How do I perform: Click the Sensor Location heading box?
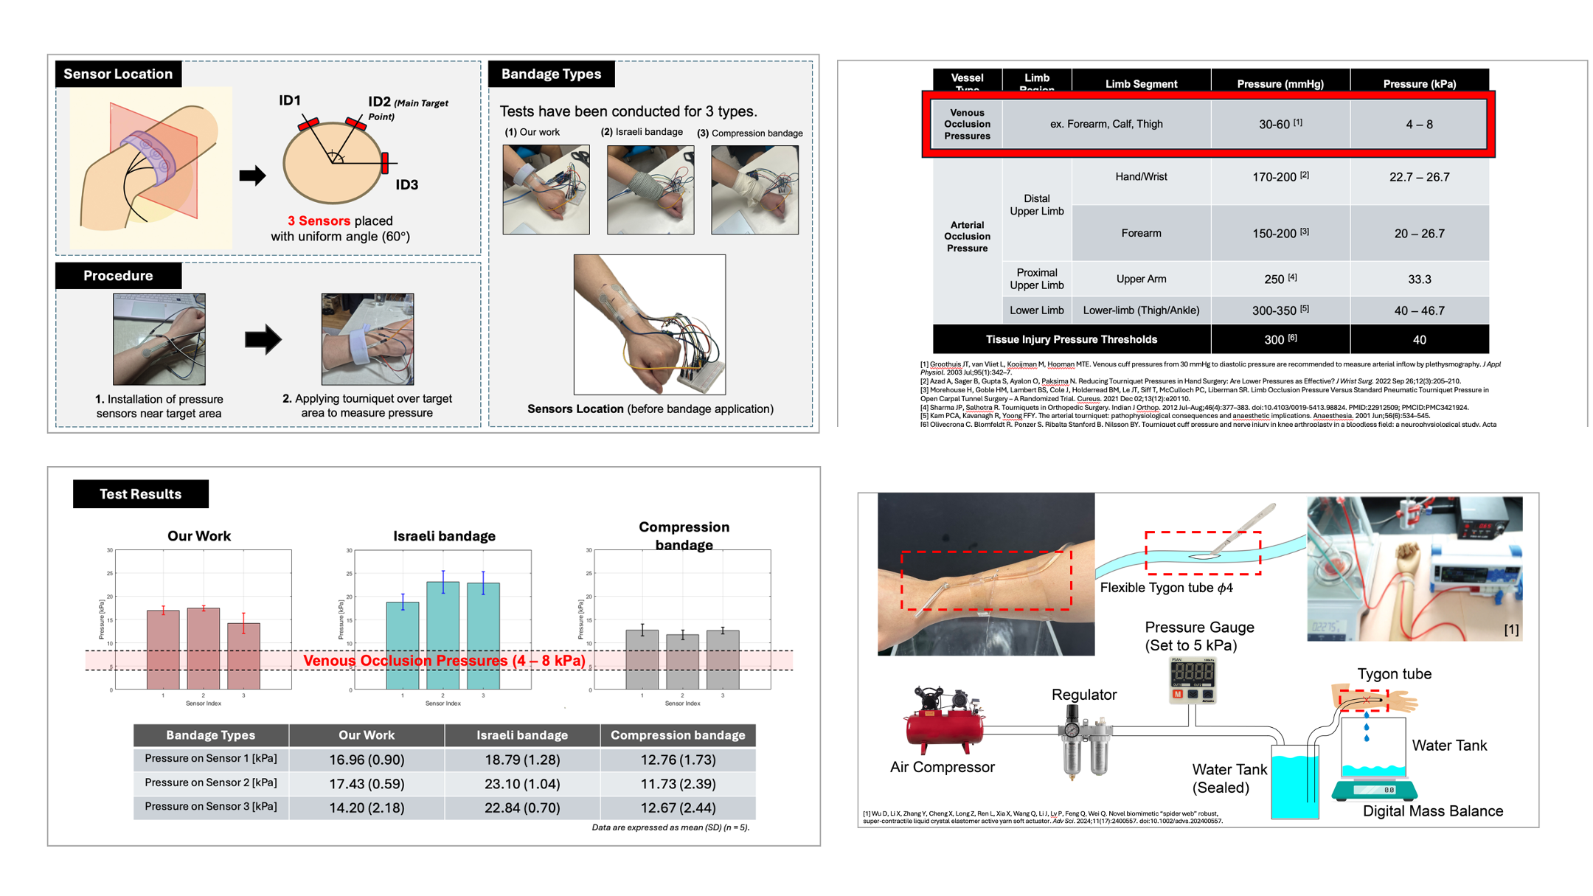(x=118, y=74)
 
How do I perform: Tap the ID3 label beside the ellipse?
(x=406, y=185)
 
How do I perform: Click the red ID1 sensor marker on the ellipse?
(x=308, y=124)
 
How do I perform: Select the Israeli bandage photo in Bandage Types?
(x=650, y=190)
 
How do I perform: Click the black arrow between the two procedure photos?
(x=263, y=339)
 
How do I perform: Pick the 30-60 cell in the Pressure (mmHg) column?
(x=1280, y=124)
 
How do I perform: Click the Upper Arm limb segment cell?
(x=1140, y=279)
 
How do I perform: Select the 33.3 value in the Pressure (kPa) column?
(x=1419, y=279)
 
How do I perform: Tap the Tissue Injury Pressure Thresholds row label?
(x=1071, y=339)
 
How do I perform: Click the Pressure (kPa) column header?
(x=1419, y=83)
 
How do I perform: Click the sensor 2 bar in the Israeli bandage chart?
(x=442, y=636)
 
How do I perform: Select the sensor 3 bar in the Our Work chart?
(x=243, y=656)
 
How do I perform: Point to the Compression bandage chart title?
(x=684, y=535)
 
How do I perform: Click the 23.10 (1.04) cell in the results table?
(x=521, y=784)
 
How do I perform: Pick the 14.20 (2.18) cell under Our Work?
(x=367, y=808)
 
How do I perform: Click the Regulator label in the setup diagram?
(x=1083, y=695)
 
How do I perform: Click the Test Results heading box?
(x=140, y=494)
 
